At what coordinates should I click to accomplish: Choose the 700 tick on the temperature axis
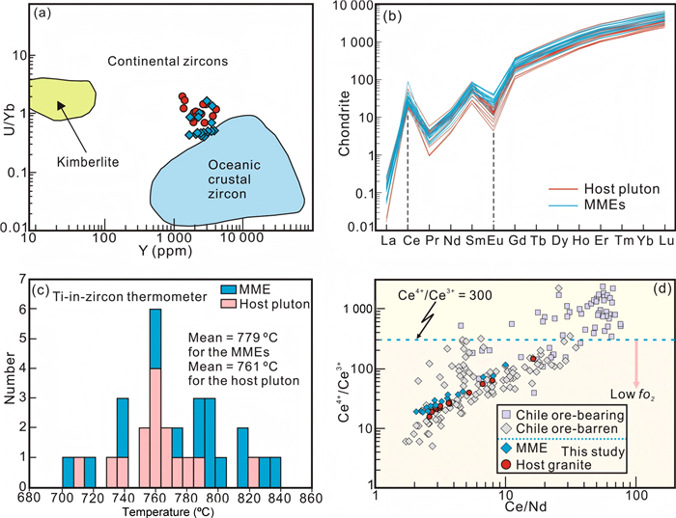[62, 487]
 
